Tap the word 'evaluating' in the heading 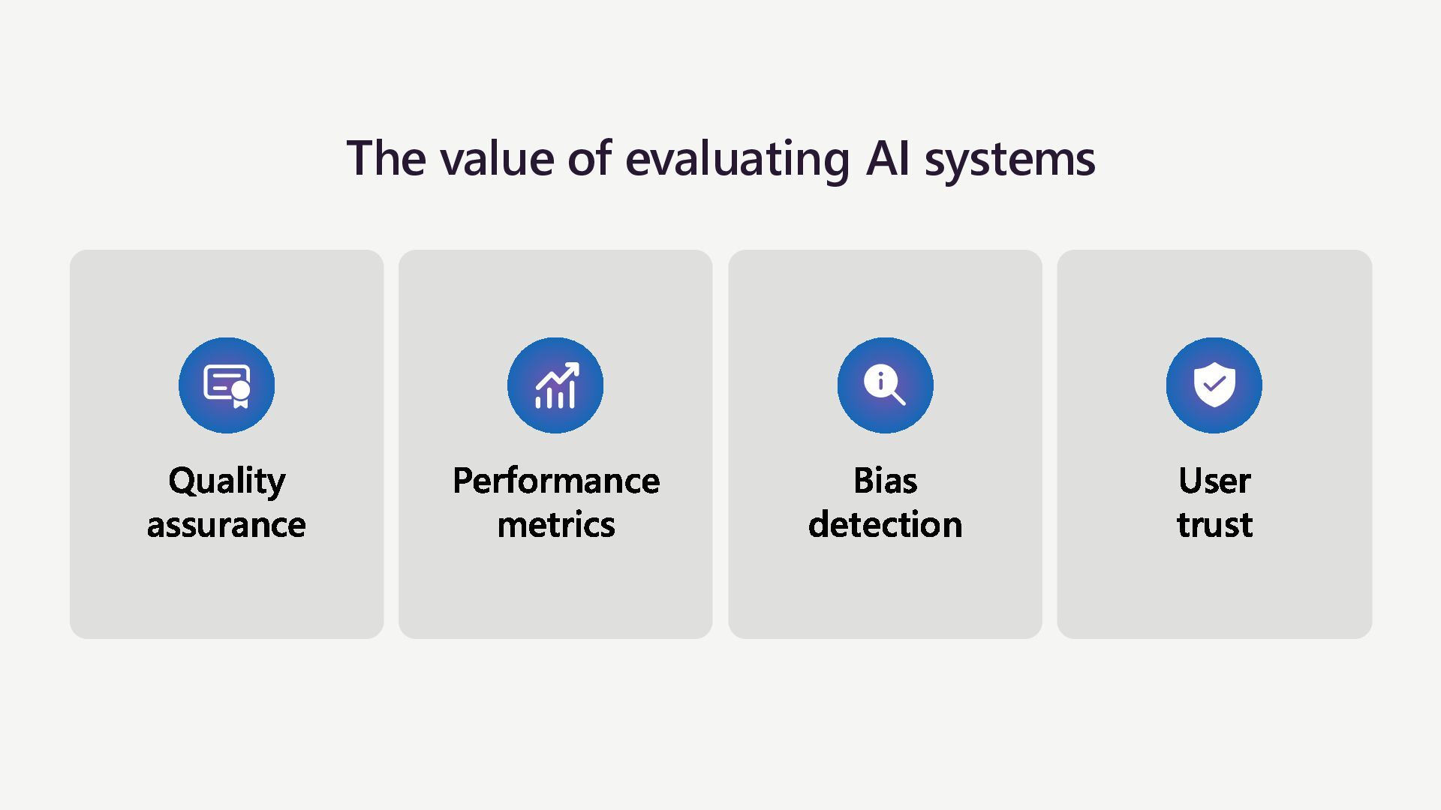[x=737, y=159]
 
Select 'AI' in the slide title [x=887, y=159]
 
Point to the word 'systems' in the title [x=1009, y=159]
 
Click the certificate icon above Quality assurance [x=227, y=385]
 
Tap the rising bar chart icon [x=555, y=385]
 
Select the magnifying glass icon [x=885, y=385]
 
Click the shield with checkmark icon [x=1214, y=385]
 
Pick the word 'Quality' [x=227, y=481]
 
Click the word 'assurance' [x=227, y=524]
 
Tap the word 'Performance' [x=555, y=481]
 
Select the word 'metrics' [x=555, y=524]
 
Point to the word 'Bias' [x=885, y=481]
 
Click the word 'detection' [x=885, y=524]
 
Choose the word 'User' [x=1214, y=481]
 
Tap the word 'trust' [x=1214, y=524]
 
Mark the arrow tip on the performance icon [x=574, y=367]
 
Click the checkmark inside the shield [x=1214, y=384]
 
